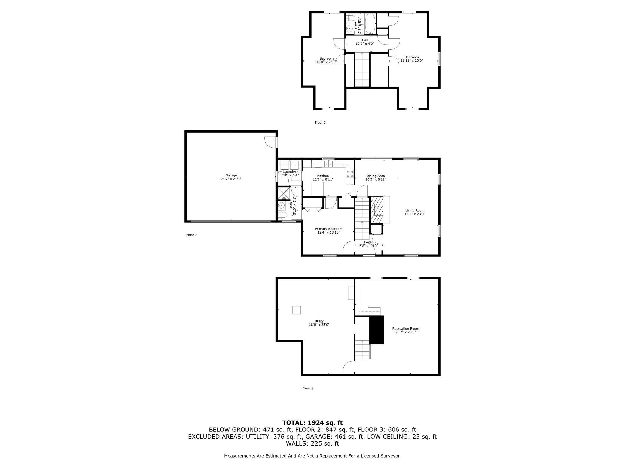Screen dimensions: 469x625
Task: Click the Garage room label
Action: tap(231, 175)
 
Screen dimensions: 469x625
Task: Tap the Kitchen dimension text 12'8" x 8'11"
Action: tap(323, 179)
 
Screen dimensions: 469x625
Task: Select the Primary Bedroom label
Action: tap(328, 229)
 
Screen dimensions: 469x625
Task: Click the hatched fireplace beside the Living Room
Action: tap(377, 210)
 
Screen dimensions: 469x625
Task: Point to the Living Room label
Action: tap(415, 210)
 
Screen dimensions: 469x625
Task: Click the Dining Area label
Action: tap(375, 176)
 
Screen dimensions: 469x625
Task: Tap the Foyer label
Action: tap(368, 242)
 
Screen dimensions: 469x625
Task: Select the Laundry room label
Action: tap(289, 172)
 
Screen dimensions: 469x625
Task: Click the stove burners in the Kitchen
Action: tap(350, 174)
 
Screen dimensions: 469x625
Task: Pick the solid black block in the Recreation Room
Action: tap(377, 330)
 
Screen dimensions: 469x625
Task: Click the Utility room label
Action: tap(319, 321)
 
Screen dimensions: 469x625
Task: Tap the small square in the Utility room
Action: tap(297, 310)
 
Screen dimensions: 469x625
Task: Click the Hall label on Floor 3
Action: tap(365, 40)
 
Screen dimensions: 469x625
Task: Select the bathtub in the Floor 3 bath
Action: tap(370, 23)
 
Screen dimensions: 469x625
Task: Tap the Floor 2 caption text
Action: tap(191, 235)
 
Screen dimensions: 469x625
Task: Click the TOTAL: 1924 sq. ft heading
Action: tap(312, 423)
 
